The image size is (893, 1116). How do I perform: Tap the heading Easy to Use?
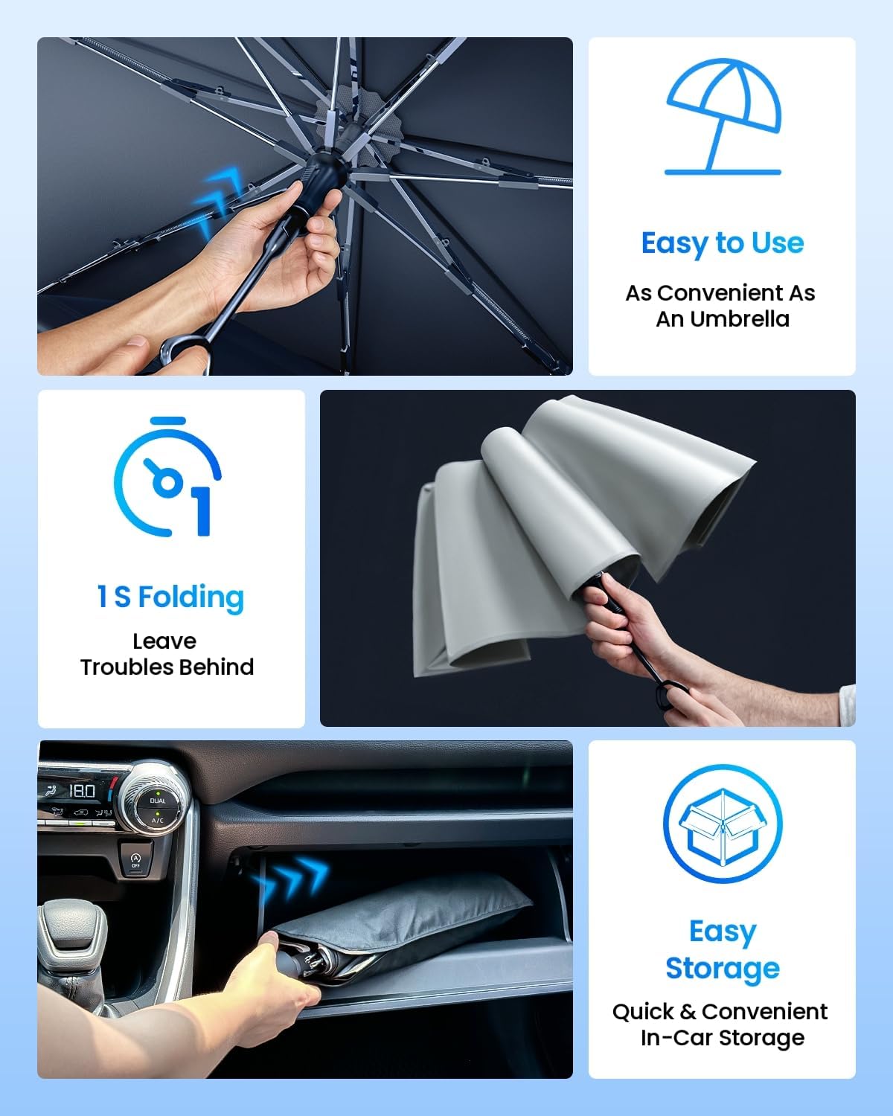723,243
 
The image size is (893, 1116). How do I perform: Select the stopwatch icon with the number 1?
168,478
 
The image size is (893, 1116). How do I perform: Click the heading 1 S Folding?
170,597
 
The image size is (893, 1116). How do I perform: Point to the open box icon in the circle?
722,824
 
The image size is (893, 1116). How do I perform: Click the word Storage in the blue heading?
722,969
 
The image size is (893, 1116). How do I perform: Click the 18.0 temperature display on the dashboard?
82,791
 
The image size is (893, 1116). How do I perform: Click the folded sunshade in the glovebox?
402,930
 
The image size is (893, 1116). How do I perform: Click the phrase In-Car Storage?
722,1038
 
